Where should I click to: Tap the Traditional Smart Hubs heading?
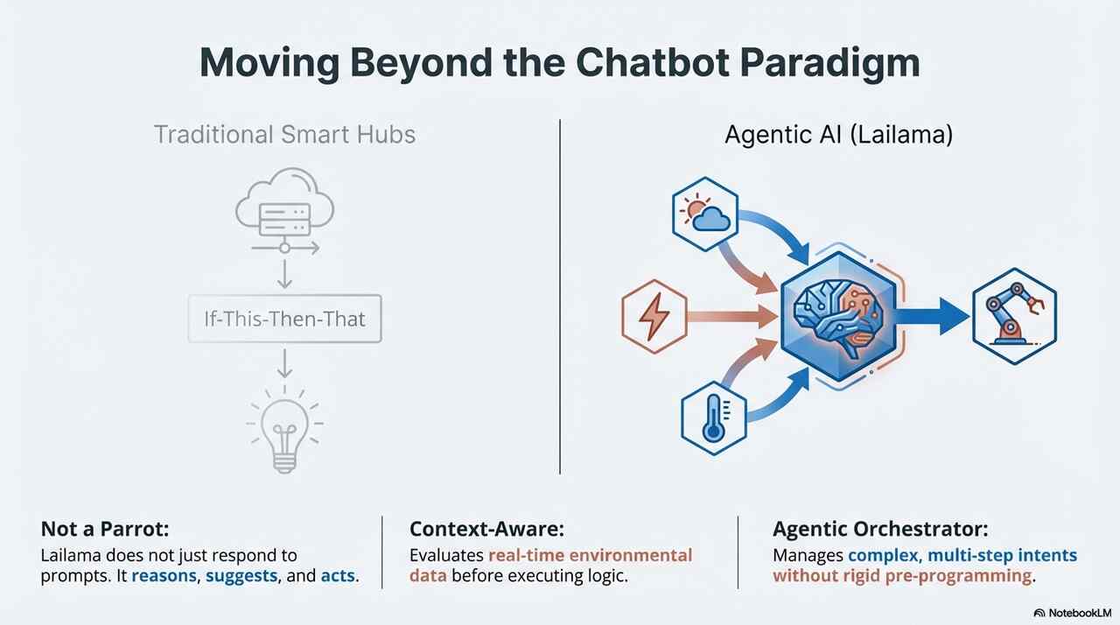284,135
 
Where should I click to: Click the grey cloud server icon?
284,211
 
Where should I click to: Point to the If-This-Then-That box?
284,317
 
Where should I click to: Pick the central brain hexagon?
835,316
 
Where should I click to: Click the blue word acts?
339,577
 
